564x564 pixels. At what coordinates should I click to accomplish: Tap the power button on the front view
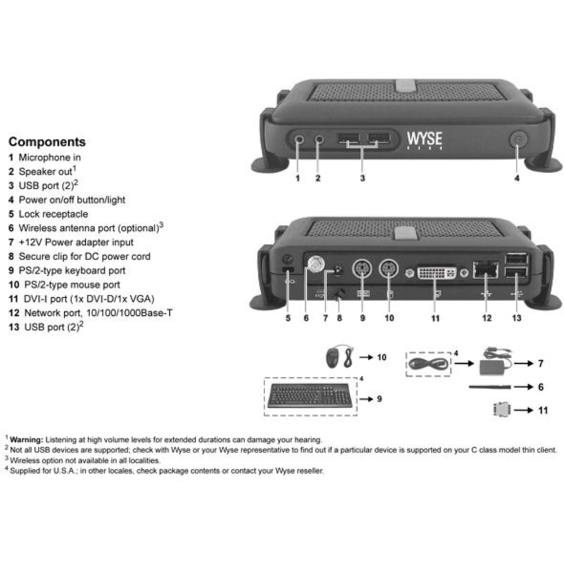[518, 139]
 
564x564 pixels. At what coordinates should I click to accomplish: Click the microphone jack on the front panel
[299, 139]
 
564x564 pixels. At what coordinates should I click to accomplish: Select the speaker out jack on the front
[319, 139]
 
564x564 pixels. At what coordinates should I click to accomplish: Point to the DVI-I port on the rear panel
[437, 272]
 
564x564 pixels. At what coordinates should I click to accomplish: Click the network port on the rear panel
[486, 269]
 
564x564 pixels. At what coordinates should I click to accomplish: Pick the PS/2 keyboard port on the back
[362, 268]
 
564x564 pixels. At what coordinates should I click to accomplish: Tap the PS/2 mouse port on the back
[389, 268]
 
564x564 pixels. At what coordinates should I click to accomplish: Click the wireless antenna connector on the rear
[316, 265]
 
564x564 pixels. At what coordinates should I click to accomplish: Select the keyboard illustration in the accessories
[310, 396]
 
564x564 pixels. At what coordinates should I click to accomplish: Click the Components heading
[47, 142]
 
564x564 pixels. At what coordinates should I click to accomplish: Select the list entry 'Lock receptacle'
[53, 214]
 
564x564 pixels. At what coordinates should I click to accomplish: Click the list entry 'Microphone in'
[50, 157]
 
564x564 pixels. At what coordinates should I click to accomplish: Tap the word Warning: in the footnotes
[27, 439]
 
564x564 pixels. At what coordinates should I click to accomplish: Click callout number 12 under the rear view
[487, 318]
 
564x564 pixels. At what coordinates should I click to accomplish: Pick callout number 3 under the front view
[363, 178]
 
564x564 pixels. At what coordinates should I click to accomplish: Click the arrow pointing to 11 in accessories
[523, 410]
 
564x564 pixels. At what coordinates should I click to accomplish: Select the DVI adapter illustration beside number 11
[502, 409]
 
